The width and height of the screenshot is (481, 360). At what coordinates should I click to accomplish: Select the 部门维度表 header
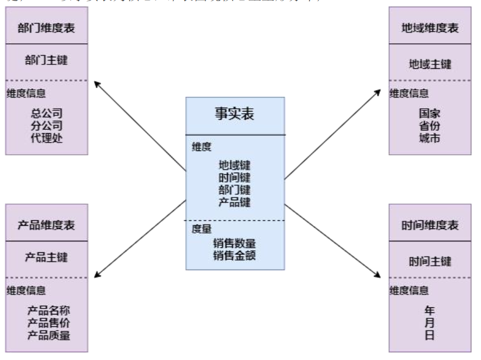[47, 28]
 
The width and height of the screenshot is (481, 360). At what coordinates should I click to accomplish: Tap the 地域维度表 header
[431, 28]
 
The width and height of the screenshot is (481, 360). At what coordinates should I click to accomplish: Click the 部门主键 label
[47, 60]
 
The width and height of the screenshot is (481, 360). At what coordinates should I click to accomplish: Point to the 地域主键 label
[431, 64]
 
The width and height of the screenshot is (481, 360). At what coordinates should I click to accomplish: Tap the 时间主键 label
[431, 261]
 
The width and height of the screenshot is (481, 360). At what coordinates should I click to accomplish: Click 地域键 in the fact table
[234, 166]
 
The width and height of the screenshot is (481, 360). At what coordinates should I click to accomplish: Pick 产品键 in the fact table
[234, 202]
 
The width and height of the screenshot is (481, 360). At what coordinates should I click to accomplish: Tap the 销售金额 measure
[234, 253]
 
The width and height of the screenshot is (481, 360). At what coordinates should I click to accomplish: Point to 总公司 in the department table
[47, 114]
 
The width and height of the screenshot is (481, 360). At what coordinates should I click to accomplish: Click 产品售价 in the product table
[49, 323]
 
